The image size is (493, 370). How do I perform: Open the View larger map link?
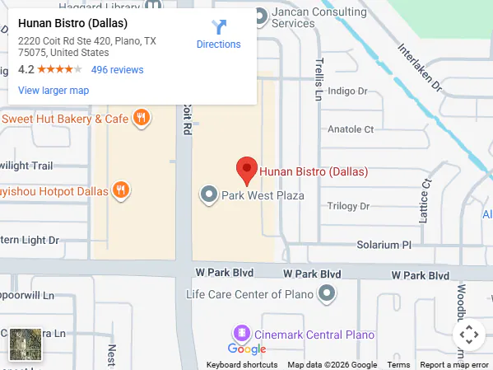53,91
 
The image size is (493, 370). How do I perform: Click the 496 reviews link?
117,70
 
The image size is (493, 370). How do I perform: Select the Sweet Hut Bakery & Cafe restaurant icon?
142,119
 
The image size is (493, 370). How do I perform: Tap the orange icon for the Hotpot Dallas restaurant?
121,191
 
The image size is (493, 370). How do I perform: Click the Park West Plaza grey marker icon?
209,195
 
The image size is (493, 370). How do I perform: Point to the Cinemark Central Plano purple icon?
241,334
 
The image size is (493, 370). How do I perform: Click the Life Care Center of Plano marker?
328,293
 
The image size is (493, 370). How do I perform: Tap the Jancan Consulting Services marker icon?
259,15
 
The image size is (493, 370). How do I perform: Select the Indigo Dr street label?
350,91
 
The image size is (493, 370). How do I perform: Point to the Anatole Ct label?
351,129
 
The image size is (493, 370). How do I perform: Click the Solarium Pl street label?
383,245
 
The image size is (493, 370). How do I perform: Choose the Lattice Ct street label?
425,201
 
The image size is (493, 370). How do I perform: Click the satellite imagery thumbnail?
26,344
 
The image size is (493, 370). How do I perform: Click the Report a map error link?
454,364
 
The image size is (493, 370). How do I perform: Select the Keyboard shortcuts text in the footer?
242,364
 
